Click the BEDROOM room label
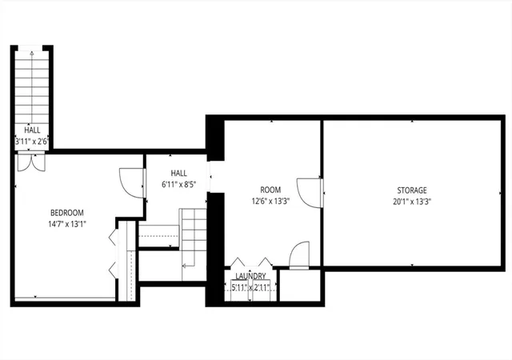67,213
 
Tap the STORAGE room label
412,190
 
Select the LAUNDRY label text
250,276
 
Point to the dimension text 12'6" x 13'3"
270,202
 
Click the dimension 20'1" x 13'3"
412,202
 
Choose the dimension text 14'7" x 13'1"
67,224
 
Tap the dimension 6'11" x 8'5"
179,185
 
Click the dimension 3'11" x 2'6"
32,142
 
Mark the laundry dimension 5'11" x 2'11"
250,288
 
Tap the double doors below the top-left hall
31,162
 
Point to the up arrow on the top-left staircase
32,87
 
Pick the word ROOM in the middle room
270,190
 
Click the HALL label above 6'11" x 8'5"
179,173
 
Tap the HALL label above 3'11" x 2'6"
32,130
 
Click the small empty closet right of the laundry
300,285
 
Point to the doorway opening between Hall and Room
210,177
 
